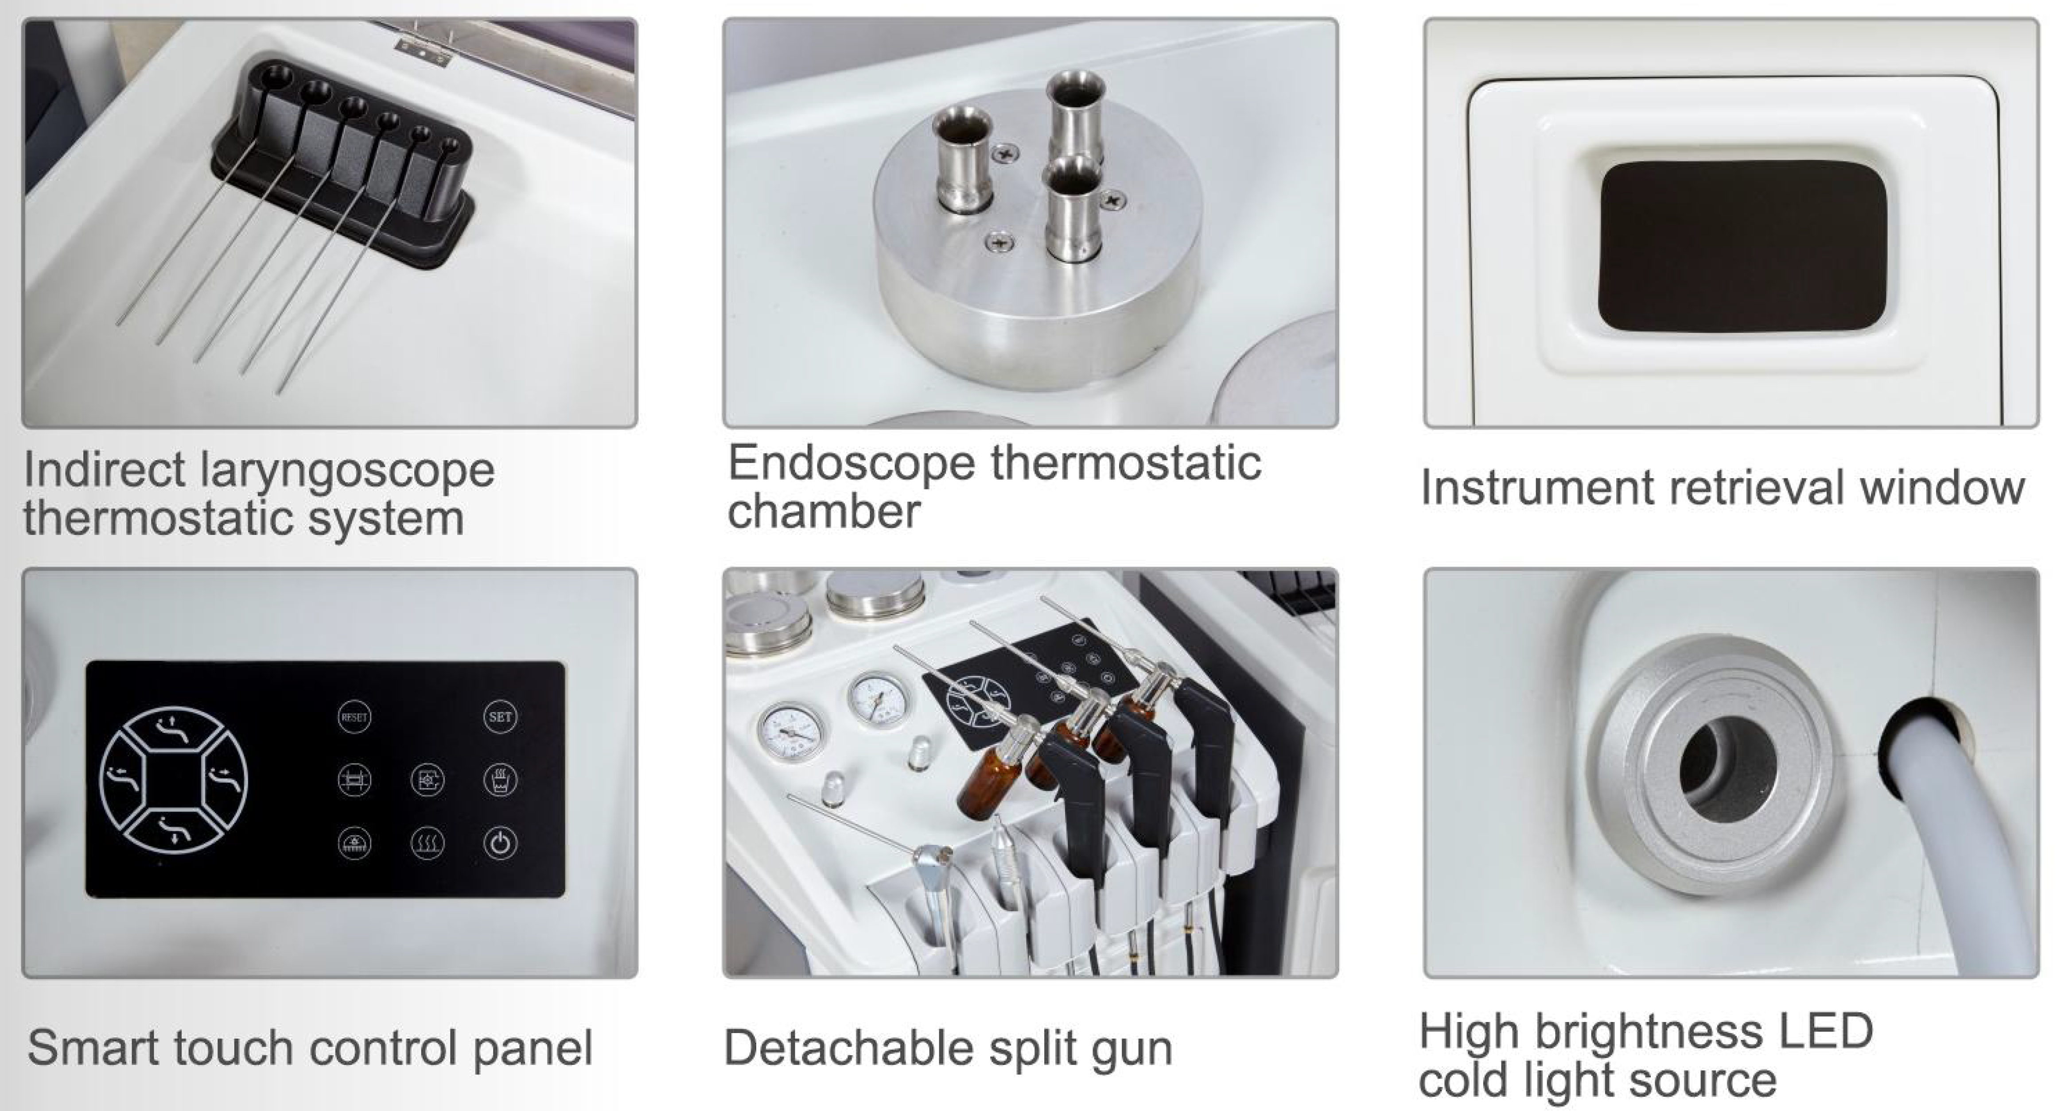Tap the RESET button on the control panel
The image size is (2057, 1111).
pyautogui.click(x=354, y=717)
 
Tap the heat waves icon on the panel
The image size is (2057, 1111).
pyautogui.click(x=427, y=843)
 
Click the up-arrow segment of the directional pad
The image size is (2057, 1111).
pyautogui.click(x=173, y=728)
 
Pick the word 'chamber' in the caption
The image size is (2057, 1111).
pyautogui.click(x=824, y=511)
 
